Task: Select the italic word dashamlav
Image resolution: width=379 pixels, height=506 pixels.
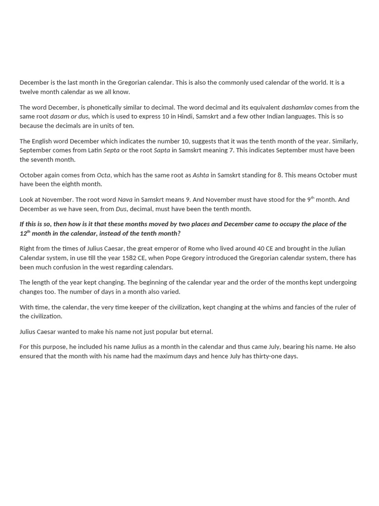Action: [x=297, y=107]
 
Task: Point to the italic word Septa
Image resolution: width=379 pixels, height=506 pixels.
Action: [x=112, y=150]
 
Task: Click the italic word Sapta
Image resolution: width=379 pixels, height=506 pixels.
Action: [x=162, y=150]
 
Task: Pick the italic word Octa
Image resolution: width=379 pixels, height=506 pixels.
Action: [x=103, y=175]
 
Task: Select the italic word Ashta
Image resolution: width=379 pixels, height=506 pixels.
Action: [x=200, y=175]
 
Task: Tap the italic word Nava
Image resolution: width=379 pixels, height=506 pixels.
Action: [x=125, y=200]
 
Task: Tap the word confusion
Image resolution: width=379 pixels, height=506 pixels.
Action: [x=67, y=267]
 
